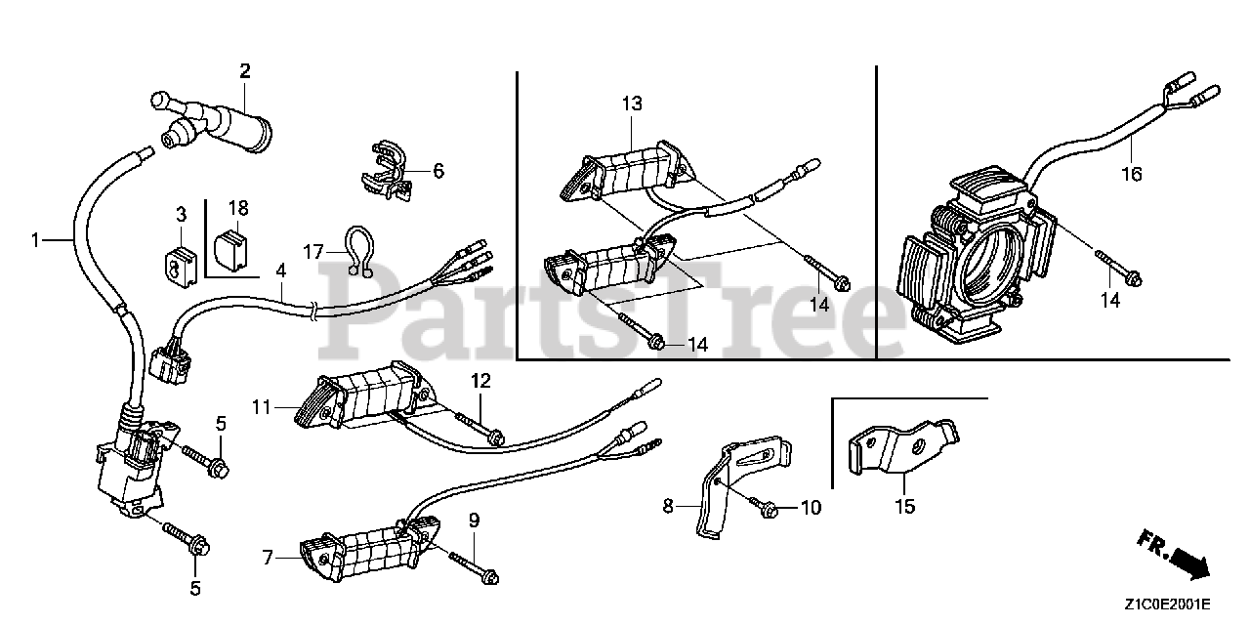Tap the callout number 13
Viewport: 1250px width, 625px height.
click(x=632, y=104)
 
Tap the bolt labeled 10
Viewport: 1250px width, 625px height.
click(x=766, y=507)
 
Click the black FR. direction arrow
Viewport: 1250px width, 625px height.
click(x=1184, y=561)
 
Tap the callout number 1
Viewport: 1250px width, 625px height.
click(x=36, y=239)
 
